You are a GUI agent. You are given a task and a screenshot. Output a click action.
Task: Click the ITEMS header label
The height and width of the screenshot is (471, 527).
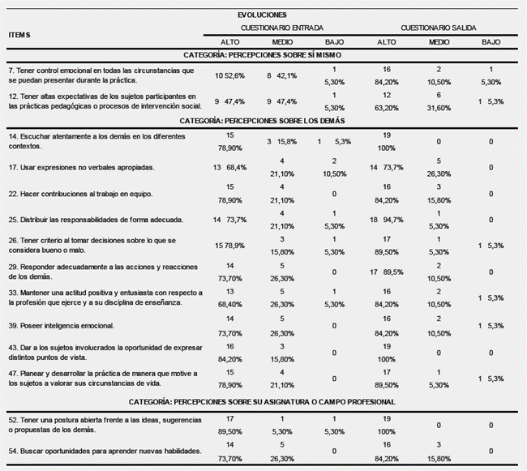point(19,35)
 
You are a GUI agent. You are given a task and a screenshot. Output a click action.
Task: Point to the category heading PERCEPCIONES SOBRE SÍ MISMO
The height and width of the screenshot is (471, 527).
point(263,55)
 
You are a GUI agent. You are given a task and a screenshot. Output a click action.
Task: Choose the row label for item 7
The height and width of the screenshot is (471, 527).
point(101,75)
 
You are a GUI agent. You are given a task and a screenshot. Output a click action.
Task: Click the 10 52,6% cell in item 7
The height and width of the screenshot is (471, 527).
point(230,75)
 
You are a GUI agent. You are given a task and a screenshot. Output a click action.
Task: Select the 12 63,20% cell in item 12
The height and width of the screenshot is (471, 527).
point(388,101)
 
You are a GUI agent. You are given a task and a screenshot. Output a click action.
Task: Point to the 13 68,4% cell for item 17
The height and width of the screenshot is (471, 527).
point(230,168)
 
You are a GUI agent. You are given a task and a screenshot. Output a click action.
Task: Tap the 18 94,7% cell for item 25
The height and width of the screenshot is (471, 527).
point(388,220)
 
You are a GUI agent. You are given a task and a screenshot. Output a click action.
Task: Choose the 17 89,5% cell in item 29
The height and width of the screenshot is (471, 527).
point(388,272)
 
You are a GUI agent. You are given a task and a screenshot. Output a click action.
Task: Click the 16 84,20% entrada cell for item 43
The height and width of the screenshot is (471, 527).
point(230,351)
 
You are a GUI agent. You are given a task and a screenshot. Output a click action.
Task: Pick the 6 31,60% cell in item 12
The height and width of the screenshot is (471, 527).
point(439,101)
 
